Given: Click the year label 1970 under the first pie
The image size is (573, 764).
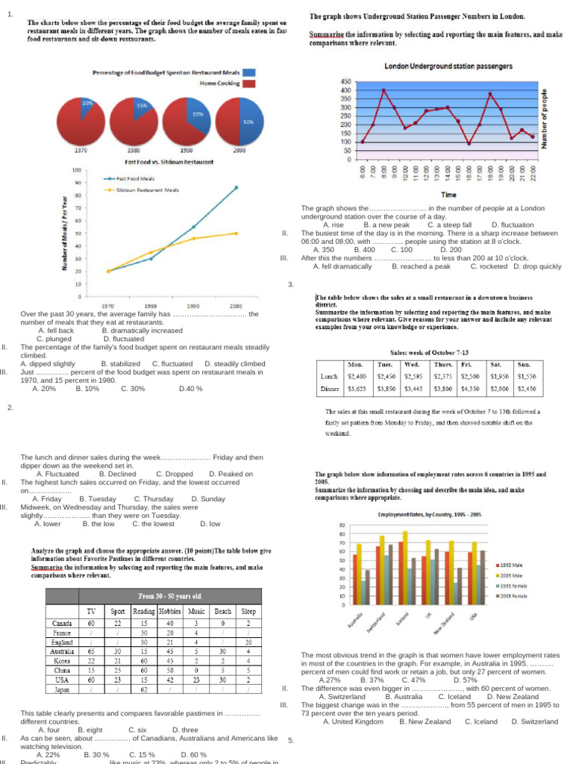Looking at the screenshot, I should tap(80, 151).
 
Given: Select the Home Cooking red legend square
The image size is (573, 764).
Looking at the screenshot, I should tap(248, 84).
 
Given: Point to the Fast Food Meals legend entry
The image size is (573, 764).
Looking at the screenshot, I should tap(135, 178).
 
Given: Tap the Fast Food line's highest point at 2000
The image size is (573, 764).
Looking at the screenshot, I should tap(237, 188).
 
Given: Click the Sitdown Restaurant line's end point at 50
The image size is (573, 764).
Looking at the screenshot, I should tap(237, 234).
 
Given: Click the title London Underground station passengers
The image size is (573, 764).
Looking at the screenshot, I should tap(438, 66).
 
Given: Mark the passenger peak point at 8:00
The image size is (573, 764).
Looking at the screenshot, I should tap(383, 90).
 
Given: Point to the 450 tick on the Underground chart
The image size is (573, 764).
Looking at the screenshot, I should tap(346, 81).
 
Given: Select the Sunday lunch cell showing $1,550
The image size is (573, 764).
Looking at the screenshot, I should tap(527, 376).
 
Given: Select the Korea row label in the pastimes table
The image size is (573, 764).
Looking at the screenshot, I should tap(63, 661).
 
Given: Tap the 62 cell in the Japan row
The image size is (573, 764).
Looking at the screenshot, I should tap(143, 690).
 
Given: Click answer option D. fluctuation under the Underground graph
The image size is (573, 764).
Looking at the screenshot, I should tap(513, 225).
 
